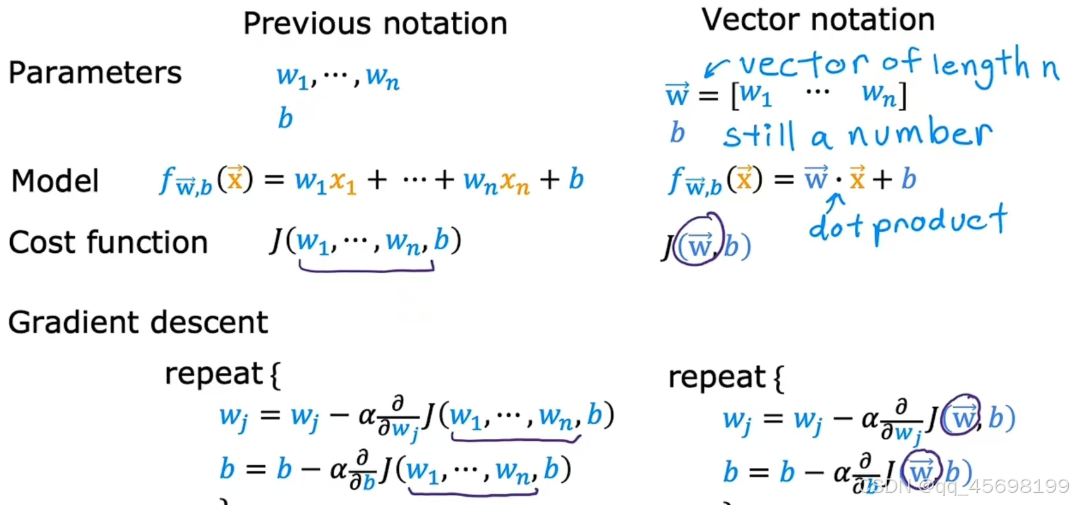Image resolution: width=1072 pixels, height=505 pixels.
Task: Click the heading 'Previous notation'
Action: [x=375, y=24]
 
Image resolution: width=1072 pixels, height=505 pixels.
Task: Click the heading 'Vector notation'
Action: [x=818, y=20]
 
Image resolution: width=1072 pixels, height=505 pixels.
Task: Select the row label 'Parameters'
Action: [x=95, y=72]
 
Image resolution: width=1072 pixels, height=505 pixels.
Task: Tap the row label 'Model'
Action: [x=55, y=181]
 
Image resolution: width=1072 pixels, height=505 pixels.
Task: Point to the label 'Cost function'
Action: [x=108, y=242]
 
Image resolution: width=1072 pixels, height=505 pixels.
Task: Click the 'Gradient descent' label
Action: [x=138, y=322]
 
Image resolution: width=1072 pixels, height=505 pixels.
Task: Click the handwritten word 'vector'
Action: [x=803, y=64]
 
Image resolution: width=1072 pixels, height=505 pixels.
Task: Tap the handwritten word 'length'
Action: [x=981, y=65]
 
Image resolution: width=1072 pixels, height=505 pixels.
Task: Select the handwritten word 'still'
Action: [x=759, y=135]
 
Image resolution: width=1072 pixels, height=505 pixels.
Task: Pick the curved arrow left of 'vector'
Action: [x=716, y=66]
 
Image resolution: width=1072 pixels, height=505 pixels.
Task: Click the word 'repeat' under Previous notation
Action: [x=213, y=374]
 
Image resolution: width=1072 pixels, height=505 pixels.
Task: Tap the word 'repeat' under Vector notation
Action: [x=716, y=377]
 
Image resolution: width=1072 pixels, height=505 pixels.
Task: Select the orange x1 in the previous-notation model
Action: [x=342, y=182]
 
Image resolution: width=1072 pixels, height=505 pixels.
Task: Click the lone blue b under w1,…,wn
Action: [x=285, y=118]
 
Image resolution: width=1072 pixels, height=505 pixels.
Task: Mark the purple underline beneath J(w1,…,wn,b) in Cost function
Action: [x=366, y=269]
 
